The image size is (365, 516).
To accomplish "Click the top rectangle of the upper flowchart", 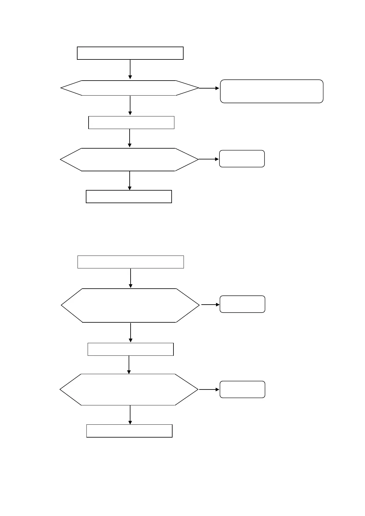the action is (x=130, y=53).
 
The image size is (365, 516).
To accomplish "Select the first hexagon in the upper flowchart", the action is (x=130, y=88).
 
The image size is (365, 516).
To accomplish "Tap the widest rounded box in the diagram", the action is (x=272, y=91).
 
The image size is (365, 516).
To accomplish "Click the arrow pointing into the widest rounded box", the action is (x=209, y=88).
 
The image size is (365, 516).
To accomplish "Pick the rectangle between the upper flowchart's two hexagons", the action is (x=131, y=123).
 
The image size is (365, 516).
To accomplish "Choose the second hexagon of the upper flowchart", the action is (x=129, y=160).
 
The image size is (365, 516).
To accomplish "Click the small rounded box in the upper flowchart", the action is (x=242, y=159).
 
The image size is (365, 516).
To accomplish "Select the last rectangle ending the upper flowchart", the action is (x=129, y=197).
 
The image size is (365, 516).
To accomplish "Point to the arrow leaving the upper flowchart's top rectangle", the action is (x=130, y=69).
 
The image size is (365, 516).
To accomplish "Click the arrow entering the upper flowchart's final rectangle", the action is (x=130, y=180).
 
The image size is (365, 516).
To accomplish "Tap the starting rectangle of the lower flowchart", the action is (x=131, y=262).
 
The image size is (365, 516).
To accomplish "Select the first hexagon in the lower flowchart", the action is (x=130, y=305).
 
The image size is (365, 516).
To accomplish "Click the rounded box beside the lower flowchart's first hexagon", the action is (x=242, y=304).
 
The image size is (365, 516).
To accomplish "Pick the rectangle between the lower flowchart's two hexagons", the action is (x=131, y=349).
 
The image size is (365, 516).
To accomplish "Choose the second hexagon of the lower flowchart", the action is (x=129, y=390).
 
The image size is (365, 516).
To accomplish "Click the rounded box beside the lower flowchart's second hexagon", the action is (x=242, y=389).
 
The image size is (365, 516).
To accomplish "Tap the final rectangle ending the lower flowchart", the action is (x=129, y=431).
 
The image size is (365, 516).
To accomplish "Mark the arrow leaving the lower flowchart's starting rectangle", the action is (x=131, y=278).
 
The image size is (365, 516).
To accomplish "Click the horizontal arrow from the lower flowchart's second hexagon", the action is (x=209, y=389).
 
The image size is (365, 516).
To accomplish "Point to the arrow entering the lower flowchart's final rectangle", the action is (x=130, y=415).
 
